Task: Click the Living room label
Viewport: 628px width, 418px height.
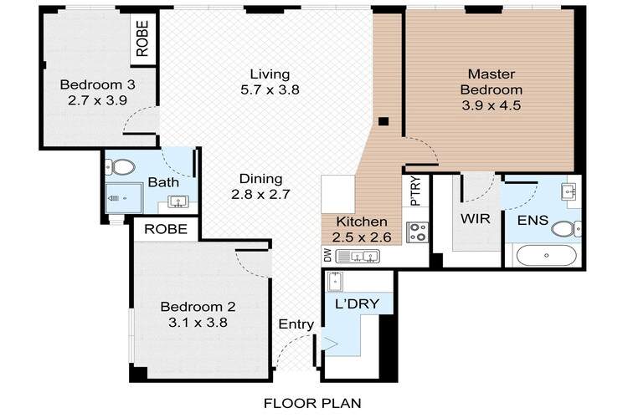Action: pyautogui.click(x=270, y=74)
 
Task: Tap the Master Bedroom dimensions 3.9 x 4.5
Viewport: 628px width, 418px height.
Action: pyautogui.click(x=491, y=105)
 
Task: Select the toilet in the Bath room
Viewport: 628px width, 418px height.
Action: pyautogui.click(x=121, y=167)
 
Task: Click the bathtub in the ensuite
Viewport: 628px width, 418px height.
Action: pyautogui.click(x=546, y=255)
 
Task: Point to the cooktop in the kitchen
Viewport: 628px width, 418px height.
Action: pyautogui.click(x=417, y=232)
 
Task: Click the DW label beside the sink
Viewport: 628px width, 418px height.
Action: pyautogui.click(x=327, y=255)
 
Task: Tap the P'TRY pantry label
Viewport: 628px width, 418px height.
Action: pyautogui.click(x=416, y=191)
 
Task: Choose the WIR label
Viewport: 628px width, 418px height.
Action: pyautogui.click(x=475, y=219)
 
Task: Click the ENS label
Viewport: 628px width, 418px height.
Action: pyautogui.click(x=533, y=220)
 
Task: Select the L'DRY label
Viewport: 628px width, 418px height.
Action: pyautogui.click(x=357, y=304)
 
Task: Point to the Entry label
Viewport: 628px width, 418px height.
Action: pyautogui.click(x=296, y=324)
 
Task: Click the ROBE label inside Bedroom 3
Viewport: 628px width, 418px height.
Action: pyautogui.click(x=142, y=38)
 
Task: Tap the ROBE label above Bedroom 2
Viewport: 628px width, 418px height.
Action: pyautogui.click(x=166, y=229)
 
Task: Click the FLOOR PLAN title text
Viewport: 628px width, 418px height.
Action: pyautogui.click(x=312, y=403)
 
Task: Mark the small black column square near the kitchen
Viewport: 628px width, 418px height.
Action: pyautogui.click(x=383, y=121)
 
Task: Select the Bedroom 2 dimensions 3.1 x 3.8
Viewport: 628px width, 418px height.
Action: pyautogui.click(x=198, y=323)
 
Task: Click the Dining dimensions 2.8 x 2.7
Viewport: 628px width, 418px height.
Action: pyautogui.click(x=260, y=195)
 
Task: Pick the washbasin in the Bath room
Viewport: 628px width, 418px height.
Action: pyautogui.click(x=178, y=201)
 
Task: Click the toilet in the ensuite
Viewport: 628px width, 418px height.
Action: pyautogui.click(x=566, y=229)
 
